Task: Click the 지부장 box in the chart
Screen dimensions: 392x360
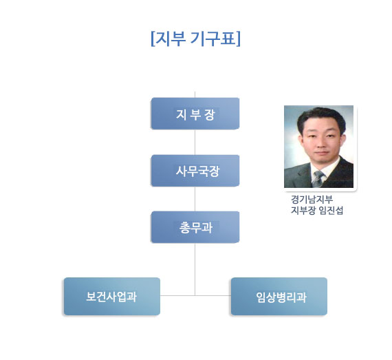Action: [x=195, y=114]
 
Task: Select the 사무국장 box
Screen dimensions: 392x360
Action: [x=195, y=171]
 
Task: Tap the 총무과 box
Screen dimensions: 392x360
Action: [x=195, y=227]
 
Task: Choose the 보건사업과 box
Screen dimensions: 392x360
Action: [x=112, y=296]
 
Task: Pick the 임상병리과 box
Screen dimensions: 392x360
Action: [x=279, y=296]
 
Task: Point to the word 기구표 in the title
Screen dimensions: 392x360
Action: [x=213, y=39]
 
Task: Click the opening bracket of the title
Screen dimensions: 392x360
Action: [x=153, y=39]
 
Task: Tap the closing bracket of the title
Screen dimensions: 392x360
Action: [x=238, y=39]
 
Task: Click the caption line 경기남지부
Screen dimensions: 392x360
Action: [x=312, y=200]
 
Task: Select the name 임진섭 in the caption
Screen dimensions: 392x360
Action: [x=331, y=211]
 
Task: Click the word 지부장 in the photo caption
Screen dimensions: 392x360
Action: [x=303, y=211]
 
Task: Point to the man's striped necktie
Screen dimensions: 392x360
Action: [x=318, y=179]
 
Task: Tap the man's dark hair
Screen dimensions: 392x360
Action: [x=321, y=118]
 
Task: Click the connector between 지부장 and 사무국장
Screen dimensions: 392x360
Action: [x=195, y=142]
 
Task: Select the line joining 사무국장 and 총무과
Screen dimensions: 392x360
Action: [x=195, y=199]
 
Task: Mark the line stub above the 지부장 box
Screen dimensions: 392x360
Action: [x=195, y=94]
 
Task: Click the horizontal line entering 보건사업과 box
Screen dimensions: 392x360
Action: [x=177, y=295]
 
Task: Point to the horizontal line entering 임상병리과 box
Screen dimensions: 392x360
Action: [x=213, y=295]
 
